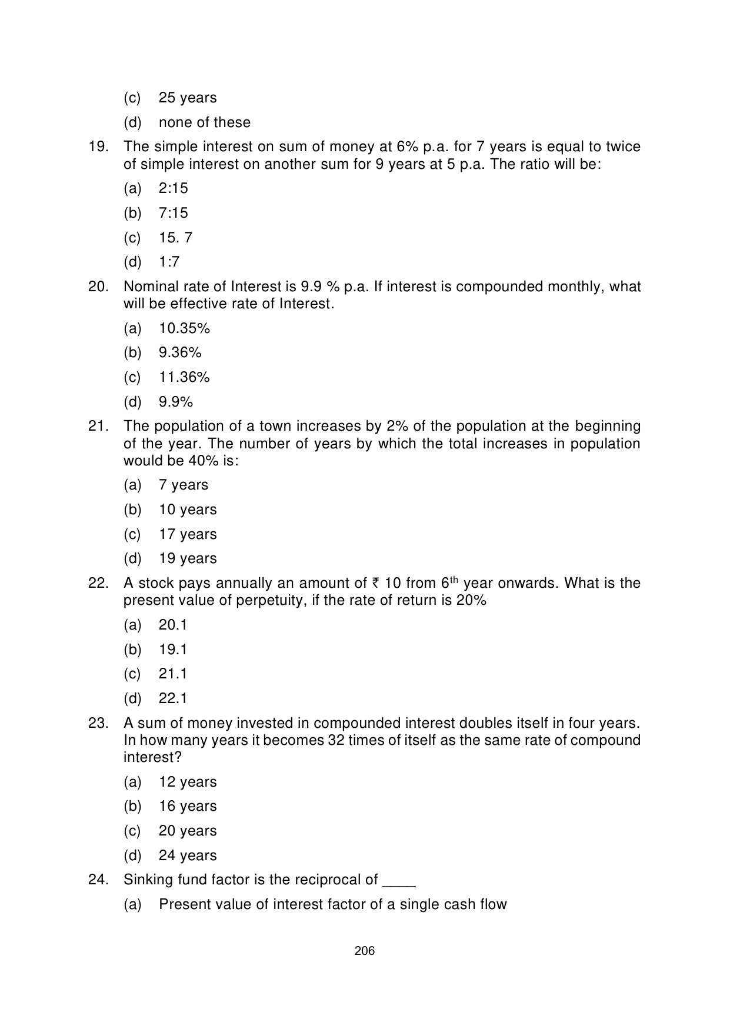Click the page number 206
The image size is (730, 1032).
(x=365, y=951)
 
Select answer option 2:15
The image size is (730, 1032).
(x=173, y=188)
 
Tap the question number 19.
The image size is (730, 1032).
(x=98, y=147)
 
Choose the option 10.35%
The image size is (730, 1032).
(x=184, y=328)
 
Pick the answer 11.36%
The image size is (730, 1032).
(x=184, y=377)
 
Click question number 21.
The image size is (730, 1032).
(x=98, y=426)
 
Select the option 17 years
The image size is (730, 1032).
(x=188, y=534)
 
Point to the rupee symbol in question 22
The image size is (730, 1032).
(x=375, y=584)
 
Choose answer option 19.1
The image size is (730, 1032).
(x=173, y=650)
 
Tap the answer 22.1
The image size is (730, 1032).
(x=173, y=698)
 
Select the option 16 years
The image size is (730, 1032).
(x=188, y=806)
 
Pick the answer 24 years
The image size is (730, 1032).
(x=188, y=855)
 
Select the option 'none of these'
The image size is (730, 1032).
(x=204, y=122)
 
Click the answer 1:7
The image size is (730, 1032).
(x=169, y=262)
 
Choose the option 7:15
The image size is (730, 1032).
(x=173, y=213)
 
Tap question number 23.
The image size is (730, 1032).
(x=98, y=723)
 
